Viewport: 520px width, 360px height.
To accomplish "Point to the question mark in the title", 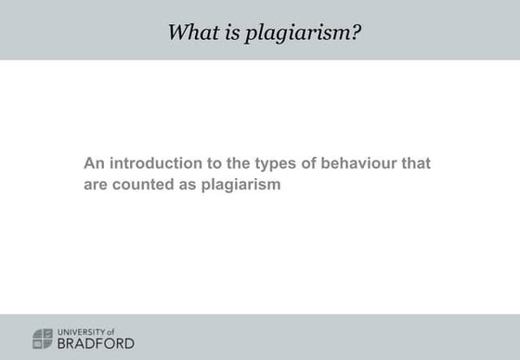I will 357,32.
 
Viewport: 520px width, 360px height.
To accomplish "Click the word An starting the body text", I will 93,163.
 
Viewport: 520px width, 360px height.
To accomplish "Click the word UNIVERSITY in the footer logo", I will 80,331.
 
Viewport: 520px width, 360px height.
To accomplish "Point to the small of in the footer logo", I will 110,331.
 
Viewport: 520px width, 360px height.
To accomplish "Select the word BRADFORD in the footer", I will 96,343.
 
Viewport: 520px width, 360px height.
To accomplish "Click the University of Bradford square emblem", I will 43,338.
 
